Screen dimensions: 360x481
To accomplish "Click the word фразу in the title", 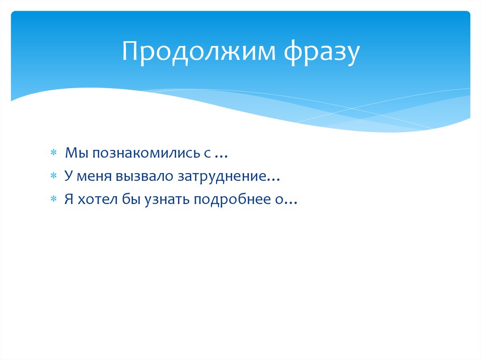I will [x=321, y=53].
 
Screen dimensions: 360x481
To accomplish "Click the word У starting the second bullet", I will [x=68, y=176].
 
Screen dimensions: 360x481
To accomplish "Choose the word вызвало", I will [x=142, y=176].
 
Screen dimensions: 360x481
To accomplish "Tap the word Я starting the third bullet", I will [x=69, y=199].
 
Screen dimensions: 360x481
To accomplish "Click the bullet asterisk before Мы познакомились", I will [x=54, y=153].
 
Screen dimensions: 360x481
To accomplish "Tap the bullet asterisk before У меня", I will [x=54, y=176].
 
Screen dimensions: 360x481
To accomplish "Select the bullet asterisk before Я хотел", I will [x=54, y=199].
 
